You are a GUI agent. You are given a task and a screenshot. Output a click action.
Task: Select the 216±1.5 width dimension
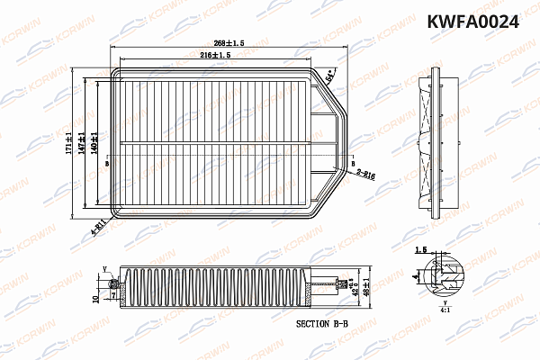tap(216, 56)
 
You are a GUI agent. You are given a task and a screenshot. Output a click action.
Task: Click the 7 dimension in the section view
tap(112, 291)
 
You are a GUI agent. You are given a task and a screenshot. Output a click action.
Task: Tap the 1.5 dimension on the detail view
tap(420, 252)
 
